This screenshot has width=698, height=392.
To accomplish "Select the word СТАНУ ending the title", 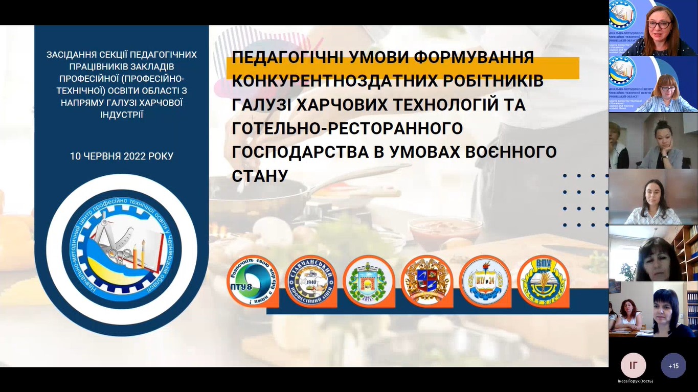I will coord(260,176).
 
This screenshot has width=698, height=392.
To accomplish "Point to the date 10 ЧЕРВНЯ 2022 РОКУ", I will coord(122,156).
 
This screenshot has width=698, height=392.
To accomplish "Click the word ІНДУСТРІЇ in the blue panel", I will coord(122,114).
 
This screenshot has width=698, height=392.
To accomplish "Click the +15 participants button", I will coord(673,366).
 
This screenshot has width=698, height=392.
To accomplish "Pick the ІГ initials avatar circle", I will coord(633,365).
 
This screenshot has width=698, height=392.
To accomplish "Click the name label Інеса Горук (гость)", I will coord(635,381).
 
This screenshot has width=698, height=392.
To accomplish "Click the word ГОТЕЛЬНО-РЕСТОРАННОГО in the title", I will coord(347,128).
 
